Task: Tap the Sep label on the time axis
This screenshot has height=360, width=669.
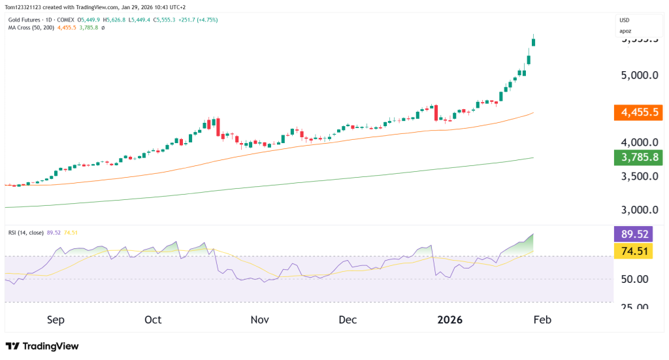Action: pyautogui.click(x=56, y=320)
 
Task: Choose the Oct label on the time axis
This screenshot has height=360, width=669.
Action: pyautogui.click(x=153, y=320)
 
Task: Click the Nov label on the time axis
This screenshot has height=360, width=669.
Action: pyautogui.click(x=259, y=320)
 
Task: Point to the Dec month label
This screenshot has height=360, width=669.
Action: pyautogui.click(x=348, y=320)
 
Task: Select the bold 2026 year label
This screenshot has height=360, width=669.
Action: pyautogui.click(x=449, y=320)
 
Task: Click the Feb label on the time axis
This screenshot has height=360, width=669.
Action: pyautogui.click(x=542, y=320)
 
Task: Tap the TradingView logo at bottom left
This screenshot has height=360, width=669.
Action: pyautogui.click(x=42, y=346)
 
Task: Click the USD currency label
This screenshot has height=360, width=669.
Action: pyautogui.click(x=625, y=20)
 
